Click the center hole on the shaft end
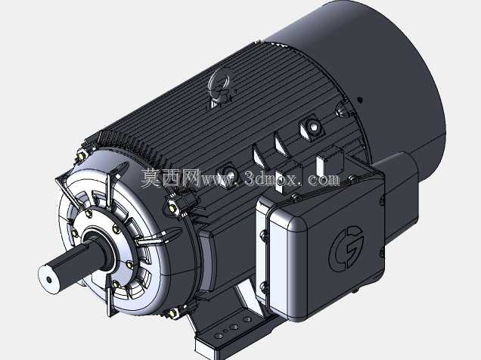point(49,280)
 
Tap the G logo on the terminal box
point(346,248)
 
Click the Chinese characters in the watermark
point(170,178)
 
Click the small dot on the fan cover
point(360,99)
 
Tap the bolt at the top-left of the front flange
point(81,156)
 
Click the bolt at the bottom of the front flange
point(172,313)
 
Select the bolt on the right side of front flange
point(172,207)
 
